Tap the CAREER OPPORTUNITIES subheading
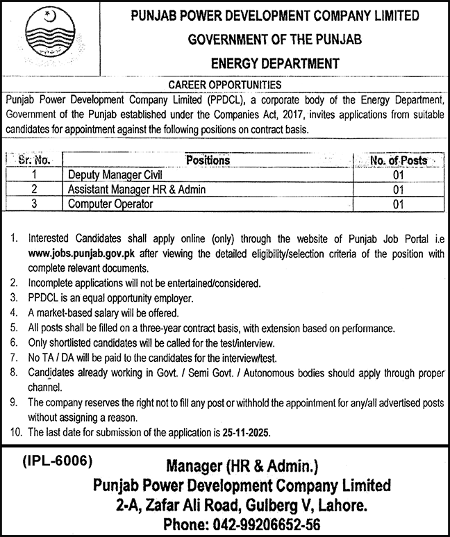coord(225,84)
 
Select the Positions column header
coord(208,160)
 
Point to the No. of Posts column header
coord(399,160)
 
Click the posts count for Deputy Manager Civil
coord(398,175)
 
